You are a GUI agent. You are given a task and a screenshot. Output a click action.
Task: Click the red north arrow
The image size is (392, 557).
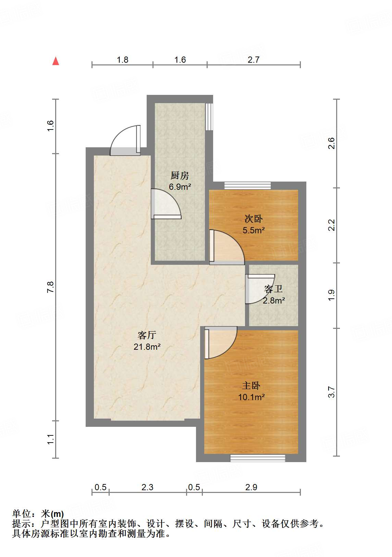point(56,61)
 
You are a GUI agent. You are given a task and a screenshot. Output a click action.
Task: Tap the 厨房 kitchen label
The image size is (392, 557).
point(180,175)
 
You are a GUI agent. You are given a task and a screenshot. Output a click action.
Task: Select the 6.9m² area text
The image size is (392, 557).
point(180,186)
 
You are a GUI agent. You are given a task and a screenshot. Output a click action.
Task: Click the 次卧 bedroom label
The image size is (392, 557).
point(254,219)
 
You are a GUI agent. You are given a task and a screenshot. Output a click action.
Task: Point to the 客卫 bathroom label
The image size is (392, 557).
point(273,289)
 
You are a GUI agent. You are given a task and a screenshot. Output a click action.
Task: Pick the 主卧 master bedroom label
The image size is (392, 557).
point(251,386)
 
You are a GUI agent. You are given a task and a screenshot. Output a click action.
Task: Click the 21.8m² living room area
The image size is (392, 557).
point(147,347)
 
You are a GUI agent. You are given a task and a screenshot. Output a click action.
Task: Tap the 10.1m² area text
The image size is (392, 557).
point(252,397)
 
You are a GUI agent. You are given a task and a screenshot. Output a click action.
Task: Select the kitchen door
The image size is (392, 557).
point(166,204)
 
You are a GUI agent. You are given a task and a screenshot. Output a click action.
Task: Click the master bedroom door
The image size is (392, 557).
point(220,343)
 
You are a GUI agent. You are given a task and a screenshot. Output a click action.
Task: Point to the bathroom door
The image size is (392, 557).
point(260,289)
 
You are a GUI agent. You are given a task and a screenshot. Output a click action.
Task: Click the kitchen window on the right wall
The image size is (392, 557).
point(209,116)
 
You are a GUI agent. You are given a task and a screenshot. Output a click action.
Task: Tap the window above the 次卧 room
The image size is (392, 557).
point(247,186)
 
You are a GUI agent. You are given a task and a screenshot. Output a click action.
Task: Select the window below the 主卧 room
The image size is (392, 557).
point(258,458)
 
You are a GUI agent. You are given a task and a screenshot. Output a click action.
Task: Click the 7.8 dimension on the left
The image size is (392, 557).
point(50,287)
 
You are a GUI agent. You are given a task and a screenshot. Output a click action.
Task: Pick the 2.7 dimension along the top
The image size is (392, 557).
point(254,60)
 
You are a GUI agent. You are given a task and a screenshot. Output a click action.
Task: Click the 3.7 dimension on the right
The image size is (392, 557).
point(332,392)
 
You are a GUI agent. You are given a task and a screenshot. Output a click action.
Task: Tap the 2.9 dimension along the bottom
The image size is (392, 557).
point(251,487)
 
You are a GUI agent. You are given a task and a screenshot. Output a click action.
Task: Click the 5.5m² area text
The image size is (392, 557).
point(254,230)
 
